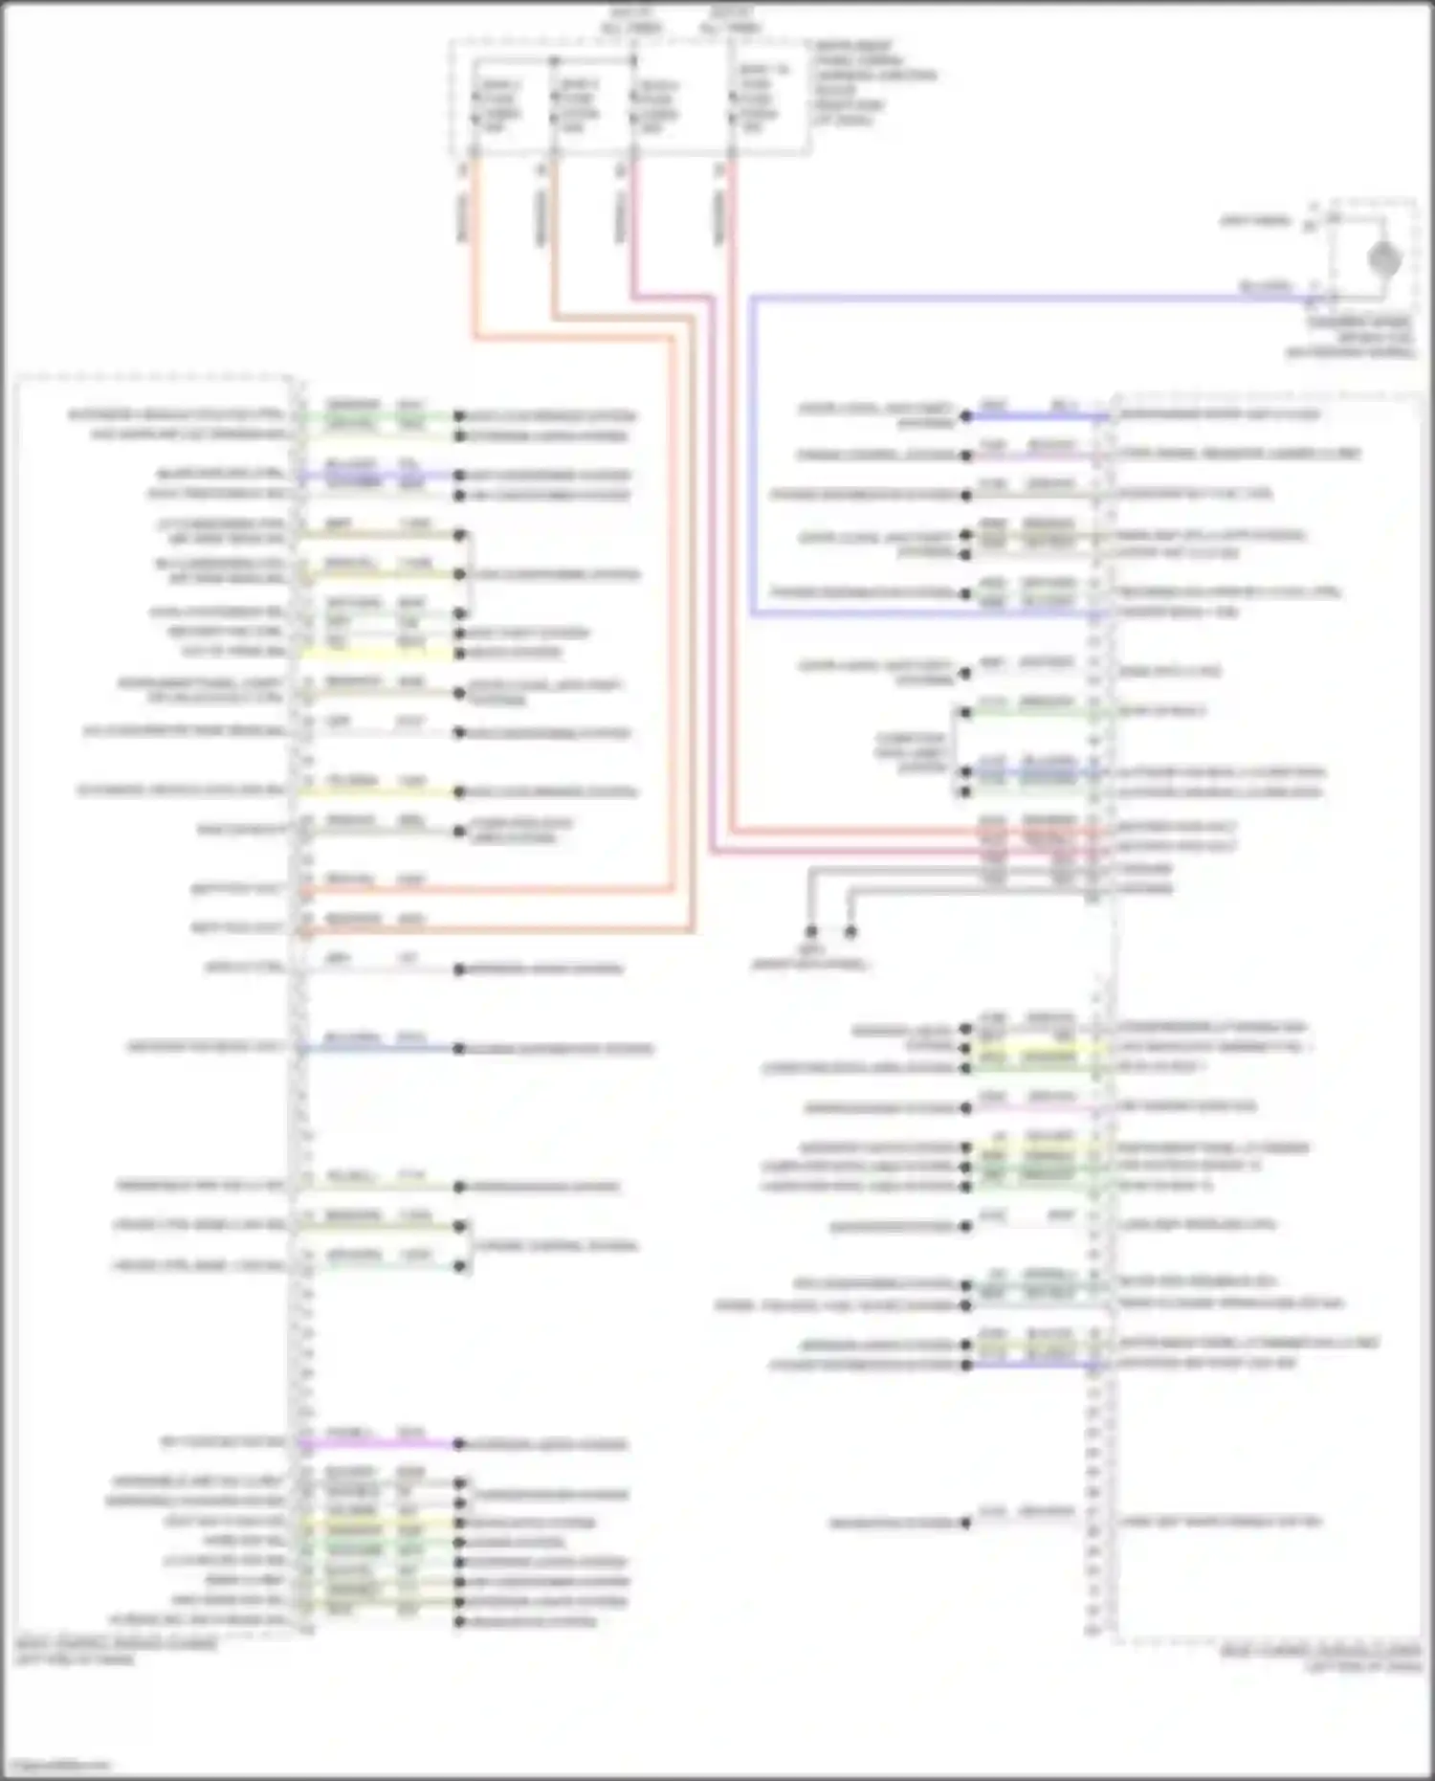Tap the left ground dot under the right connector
coord(810,931)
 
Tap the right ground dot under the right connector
coord(850,931)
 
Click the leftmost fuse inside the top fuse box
coord(475,105)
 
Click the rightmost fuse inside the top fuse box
coord(735,100)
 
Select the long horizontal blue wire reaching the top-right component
coord(1033,299)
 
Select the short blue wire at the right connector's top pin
coord(1038,417)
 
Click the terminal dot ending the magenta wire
coord(459,1444)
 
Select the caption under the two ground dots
coord(808,958)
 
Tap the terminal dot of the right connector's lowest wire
coord(966,1523)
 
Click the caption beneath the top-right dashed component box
coord(1358,337)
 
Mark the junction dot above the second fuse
coord(554,61)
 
